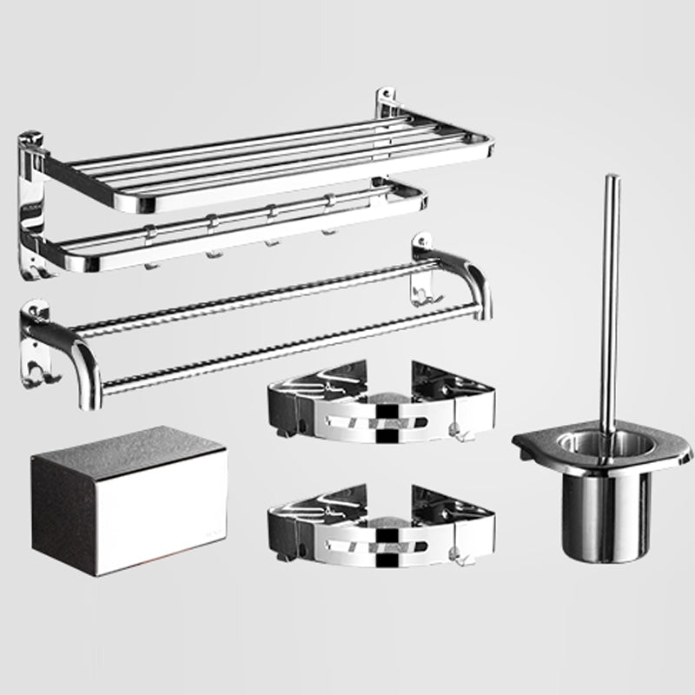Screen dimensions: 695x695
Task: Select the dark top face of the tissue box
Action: pyautogui.click(x=130, y=443)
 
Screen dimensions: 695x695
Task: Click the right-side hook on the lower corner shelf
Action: pyautogui.click(x=457, y=548)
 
